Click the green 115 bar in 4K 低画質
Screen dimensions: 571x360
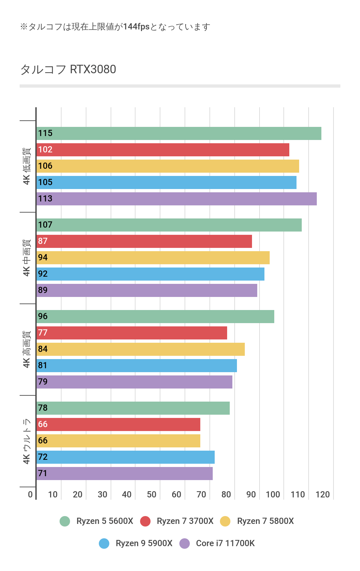click(x=179, y=133)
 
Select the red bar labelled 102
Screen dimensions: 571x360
click(x=163, y=150)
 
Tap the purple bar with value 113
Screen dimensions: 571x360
click(x=176, y=199)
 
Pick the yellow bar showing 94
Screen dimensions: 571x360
click(x=153, y=258)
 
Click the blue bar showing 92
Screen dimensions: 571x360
click(x=150, y=274)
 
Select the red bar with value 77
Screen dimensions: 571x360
click(x=132, y=333)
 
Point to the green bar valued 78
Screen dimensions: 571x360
click(x=133, y=408)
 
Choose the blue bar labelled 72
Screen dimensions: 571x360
click(x=125, y=457)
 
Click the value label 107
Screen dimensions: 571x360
click(x=45, y=225)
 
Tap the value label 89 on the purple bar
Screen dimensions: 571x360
click(x=43, y=290)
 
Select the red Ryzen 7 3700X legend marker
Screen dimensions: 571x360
click(x=145, y=521)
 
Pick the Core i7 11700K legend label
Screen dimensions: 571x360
click(x=225, y=543)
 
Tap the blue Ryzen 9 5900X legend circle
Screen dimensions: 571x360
click(x=104, y=544)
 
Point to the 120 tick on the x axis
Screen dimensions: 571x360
click(x=322, y=494)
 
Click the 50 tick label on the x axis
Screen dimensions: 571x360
click(x=152, y=494)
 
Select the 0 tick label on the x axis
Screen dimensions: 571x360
click(x=30, y=494)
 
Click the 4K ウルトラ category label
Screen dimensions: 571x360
click(x=27, y=441)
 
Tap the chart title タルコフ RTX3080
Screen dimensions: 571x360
click(x=68, y=69)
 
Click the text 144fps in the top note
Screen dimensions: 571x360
click(x=136, y=27)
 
